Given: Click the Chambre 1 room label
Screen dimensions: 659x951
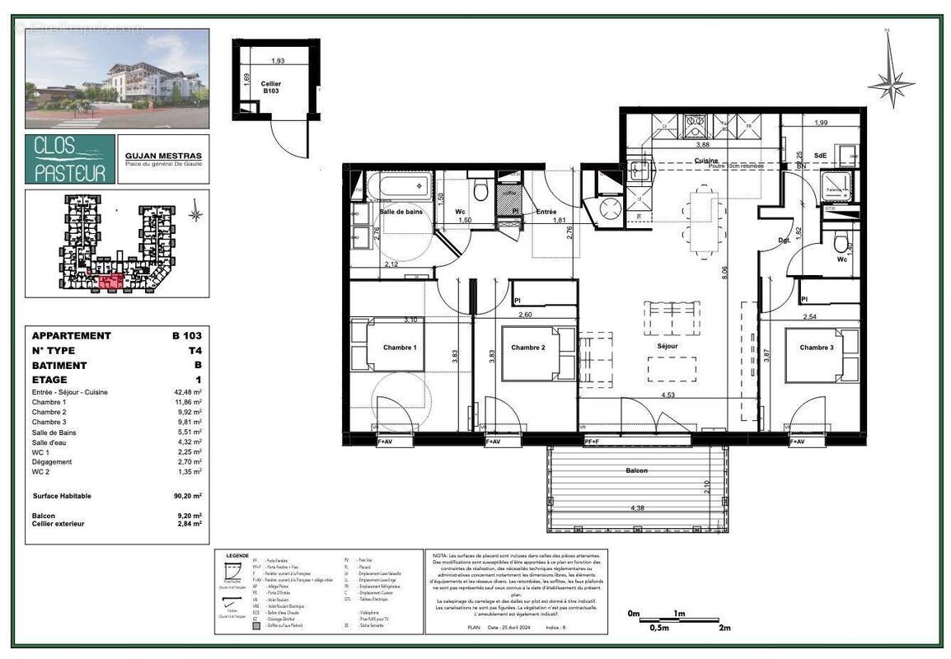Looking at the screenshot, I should pyautogui.click(x=400, y=348).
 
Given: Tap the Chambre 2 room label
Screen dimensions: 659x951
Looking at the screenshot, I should pyautogui.click(x=528, y=348).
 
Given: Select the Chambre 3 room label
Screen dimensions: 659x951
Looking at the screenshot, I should pyautogui.click(x=817, y=348).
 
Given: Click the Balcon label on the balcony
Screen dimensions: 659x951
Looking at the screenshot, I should pyautogui.click(x=635, y=470).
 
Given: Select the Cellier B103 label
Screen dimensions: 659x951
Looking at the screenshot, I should pyautogui.click(x=271, y=87).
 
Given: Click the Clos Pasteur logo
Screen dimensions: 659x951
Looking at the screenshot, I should pyautogui.click(x=70, y=159).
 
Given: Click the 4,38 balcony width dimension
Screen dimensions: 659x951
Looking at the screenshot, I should pyautogui.click(x=637, y=508).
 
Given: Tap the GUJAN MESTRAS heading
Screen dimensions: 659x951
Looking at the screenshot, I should pyautogui.click(x=163, y=156).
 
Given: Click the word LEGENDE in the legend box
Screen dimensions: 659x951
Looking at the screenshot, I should pyautogui.click(x=237, y=555).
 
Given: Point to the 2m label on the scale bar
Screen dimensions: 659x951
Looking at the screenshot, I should pyautogui.click(x=724, y=628).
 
